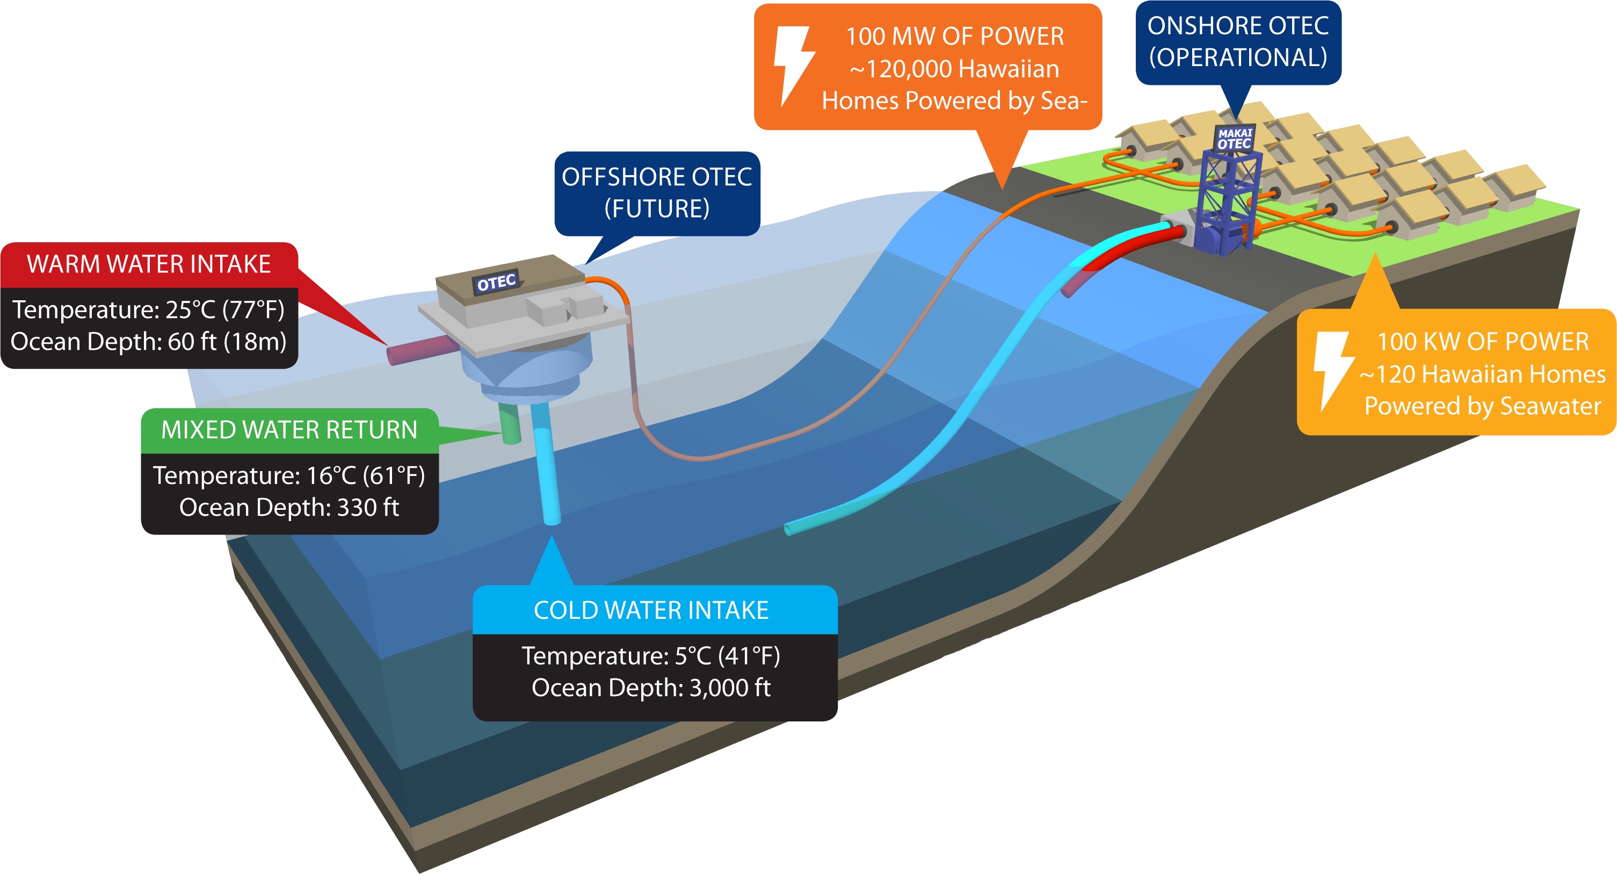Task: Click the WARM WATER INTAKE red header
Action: tap(149, 264)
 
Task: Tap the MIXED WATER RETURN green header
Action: tap(289, 430)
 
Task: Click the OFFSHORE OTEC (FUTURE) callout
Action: tap(657, 193)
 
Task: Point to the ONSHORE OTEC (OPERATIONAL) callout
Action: tap(1238, 41)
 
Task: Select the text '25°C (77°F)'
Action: tap(224, 309)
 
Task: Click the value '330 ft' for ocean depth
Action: tap(368, 507)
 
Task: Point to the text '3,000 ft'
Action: tap(729, 688)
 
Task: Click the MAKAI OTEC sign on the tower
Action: tap(1235, 139)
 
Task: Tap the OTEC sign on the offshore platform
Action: tap(496, 283)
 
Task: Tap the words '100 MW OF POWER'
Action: tap(954, 37)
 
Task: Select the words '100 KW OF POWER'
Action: tap(1483, 342)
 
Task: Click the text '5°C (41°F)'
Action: tap(727, 655)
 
